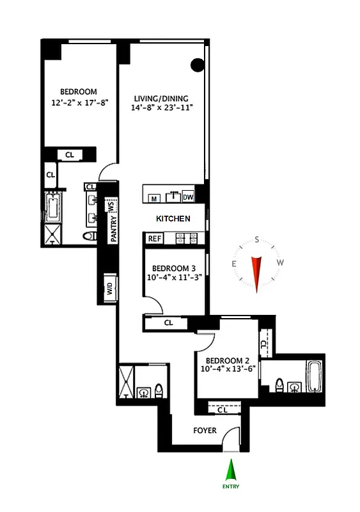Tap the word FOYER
205,430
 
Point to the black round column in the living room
198,65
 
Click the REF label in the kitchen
154,238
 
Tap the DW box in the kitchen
188,197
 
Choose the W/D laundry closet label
110,289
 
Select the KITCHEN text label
173,219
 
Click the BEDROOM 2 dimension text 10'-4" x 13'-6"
228,369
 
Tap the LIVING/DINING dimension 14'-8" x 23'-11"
161,108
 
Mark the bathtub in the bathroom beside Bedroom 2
313,378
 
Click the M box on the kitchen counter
154,198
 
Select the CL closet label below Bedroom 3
168,323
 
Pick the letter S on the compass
256,241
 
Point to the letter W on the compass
279,263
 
